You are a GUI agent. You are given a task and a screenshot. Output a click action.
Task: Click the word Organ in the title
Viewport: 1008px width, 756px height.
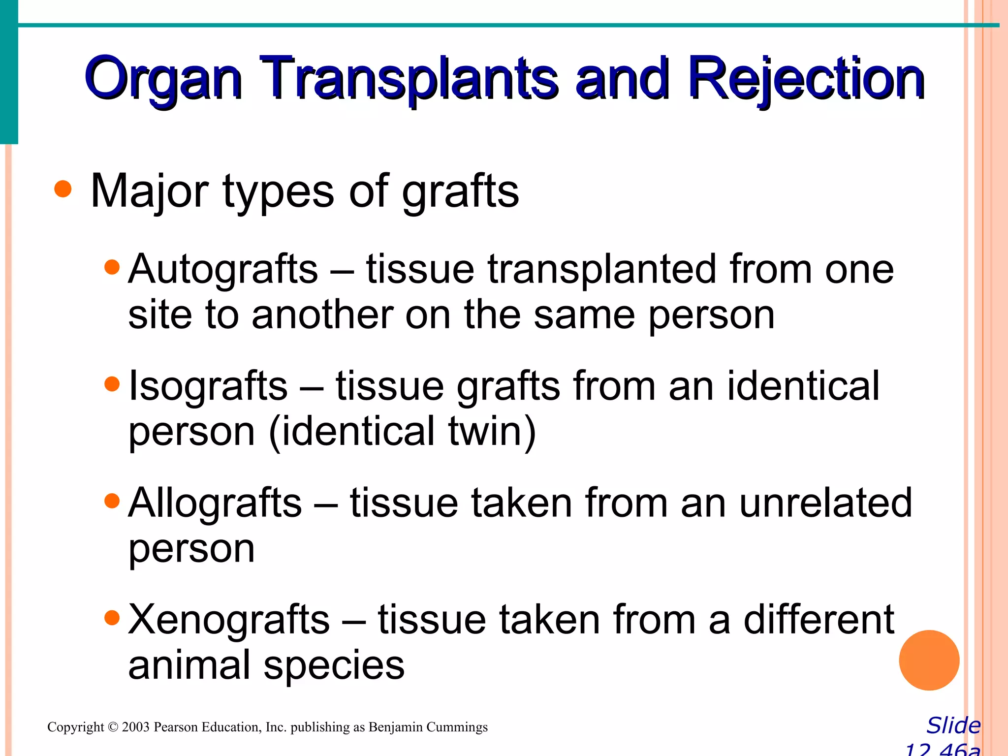(162, 79)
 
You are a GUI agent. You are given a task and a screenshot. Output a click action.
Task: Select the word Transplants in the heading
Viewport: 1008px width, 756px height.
(409, 79)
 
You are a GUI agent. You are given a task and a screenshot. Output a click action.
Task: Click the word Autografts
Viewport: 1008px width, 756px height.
(223, 269)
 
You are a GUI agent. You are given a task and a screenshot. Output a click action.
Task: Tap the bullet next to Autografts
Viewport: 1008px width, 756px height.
(113, 267)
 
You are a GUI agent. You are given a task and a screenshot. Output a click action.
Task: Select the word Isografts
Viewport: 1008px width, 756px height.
(208, 386)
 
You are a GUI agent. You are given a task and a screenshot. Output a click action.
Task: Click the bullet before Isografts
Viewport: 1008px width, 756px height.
(113, 384)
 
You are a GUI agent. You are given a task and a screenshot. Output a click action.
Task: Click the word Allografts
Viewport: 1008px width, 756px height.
(215, 503)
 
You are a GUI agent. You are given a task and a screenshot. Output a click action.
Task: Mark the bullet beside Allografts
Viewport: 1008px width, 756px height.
(113, 501)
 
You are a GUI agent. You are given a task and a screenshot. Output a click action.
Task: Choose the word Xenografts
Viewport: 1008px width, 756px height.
(229, 619)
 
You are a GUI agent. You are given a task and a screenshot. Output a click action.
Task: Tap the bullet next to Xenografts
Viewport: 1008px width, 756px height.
(113, 618)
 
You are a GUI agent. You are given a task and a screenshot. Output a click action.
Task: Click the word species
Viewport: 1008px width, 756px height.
(334, 665)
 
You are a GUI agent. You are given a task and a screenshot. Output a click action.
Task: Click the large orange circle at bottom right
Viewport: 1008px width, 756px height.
(929, 660)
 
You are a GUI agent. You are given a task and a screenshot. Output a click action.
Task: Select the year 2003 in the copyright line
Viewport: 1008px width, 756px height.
(135, 727)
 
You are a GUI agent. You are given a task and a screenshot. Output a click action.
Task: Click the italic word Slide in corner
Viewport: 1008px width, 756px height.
(953, 725)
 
